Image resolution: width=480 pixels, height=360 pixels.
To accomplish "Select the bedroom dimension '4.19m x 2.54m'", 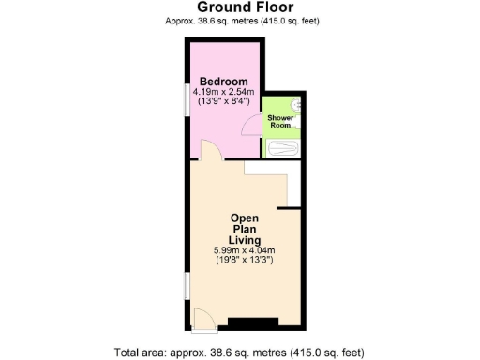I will (223, 93).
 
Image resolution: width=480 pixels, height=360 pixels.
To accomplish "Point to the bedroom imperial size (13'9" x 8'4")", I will (223, 103).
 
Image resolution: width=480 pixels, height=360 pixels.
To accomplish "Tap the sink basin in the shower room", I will (296, 106).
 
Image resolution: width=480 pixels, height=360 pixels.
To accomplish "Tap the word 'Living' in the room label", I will (245, 240).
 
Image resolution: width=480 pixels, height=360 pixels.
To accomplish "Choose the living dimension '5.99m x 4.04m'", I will (245, 251).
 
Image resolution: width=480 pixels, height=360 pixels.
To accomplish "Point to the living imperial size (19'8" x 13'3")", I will (245, 262).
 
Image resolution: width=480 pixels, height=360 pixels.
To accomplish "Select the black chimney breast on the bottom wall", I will (253, 323).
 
